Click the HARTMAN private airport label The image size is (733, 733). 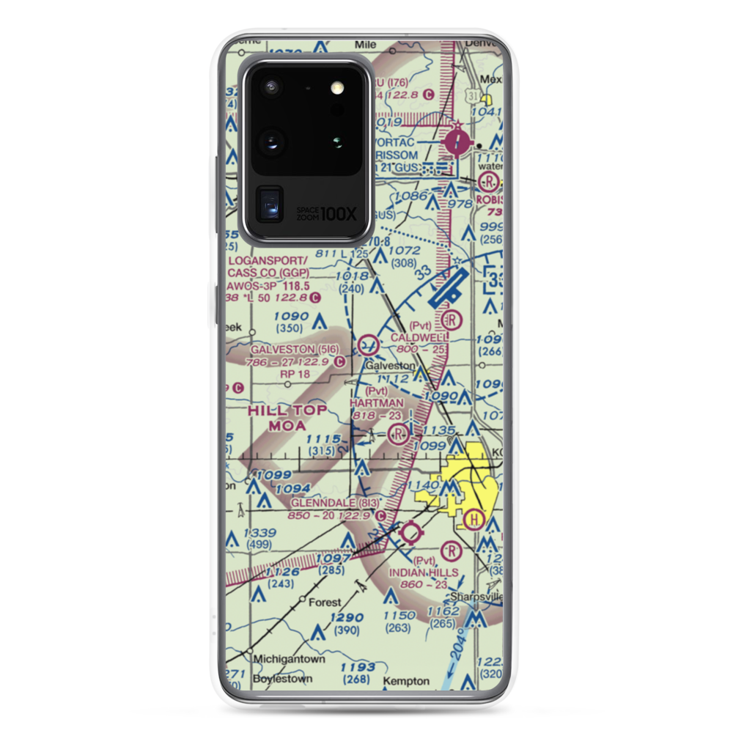pyautogui.click(x=377, y=403)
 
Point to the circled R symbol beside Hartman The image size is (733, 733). pyautogui.click(x=399, y=434)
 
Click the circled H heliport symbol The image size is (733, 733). pyautogui.click(x=474, y=520)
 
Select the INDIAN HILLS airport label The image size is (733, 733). pyautogui.click(x=424, y=572)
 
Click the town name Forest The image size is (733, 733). pyautogui.click(x=324, y=603)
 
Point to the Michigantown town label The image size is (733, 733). pyautogui.click(x=289, y=659)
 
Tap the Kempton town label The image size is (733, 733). pyautogui.click(x=405, y=681)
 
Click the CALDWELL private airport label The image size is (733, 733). pyautogui.click(x=419, y=336)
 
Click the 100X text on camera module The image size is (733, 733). pyautogui.click(x=339, y=214)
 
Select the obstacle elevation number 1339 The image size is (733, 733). pyautogui.click(x=262, y=532)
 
